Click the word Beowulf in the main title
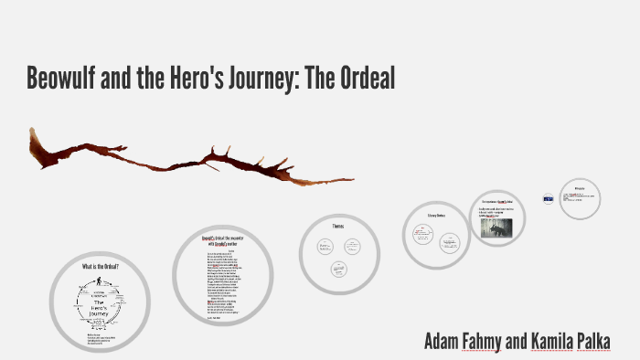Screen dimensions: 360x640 68,79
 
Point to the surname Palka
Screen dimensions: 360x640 591,342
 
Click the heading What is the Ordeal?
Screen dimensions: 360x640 100,266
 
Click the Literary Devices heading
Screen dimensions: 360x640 435,216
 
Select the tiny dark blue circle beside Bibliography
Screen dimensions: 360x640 548,198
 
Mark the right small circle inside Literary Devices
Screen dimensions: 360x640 449,241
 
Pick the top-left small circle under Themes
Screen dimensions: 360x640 324,245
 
